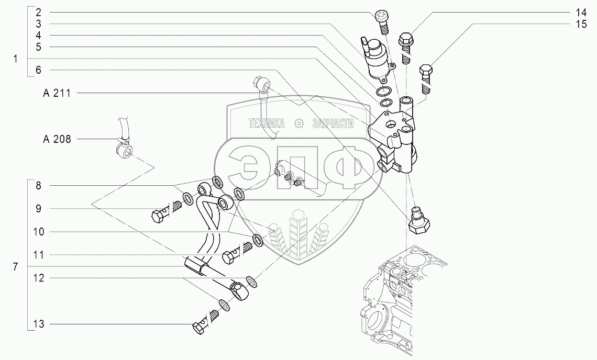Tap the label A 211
pyautogui.click(x=59, y=93)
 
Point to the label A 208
pyautogui.click(x=59, y=139)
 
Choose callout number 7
pyautogui.click(x=16, y=267)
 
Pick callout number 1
pyautogui.click(x=16, y=59)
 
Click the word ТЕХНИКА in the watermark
pyautogui.click(x=267, y=123)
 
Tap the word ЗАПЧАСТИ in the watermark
pyautogui.click(x=333, y=123)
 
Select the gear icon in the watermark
pyautogui.click(x=299, y=123)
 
